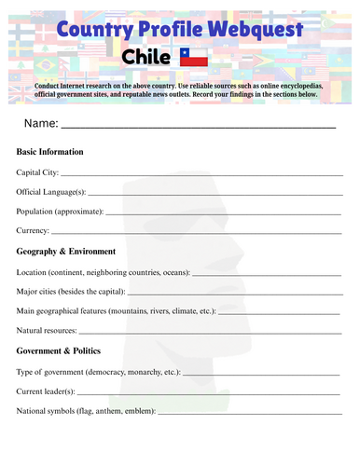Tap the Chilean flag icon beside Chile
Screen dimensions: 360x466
click(192, 59)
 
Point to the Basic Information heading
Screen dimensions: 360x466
click(50, 151)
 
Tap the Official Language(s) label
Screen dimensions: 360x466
click(51, 191)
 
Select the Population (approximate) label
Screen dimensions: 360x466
click(60, 211)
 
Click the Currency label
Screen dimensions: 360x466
click(33, 230)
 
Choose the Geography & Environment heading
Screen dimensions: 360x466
click(66, 251)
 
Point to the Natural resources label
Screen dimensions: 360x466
click(47, 330)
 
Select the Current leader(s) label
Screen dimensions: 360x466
click(47, 391)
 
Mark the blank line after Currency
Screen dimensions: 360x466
click(196, 233)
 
